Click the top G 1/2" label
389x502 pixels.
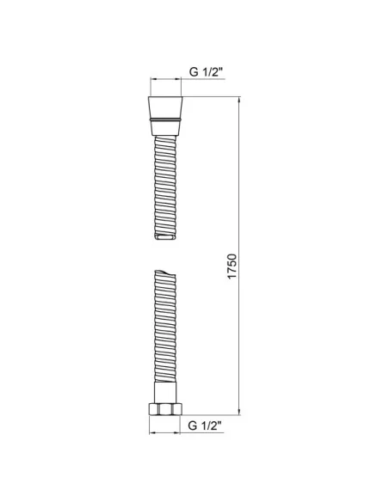[206, 71]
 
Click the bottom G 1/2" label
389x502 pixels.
[205, 425]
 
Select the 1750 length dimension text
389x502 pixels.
[232, 266]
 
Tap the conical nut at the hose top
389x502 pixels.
[165, 115]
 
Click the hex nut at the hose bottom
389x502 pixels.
[165, 409]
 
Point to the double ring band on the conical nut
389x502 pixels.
[165, 119]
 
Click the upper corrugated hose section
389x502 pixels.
[165, 187]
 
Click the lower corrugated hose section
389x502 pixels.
[165, 326]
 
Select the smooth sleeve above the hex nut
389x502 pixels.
[165, 392]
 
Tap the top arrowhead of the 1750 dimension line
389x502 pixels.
[239, 100]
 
